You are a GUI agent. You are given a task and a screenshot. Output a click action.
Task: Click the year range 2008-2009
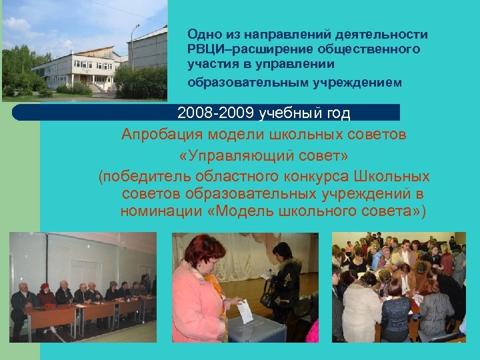216,113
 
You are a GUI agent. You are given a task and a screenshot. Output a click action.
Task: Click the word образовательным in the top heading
239,83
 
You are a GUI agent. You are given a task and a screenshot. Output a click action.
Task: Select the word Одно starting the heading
200,34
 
